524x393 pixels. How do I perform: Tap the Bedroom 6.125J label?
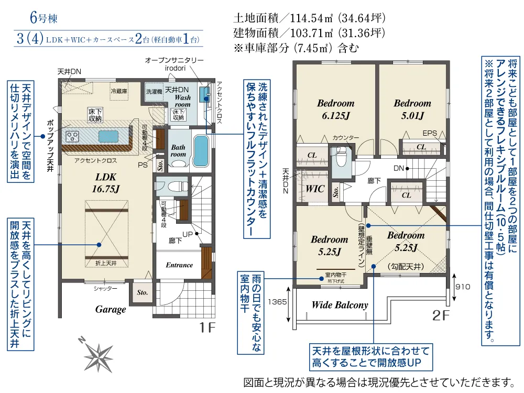point(335,109)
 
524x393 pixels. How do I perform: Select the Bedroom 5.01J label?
point(412,109)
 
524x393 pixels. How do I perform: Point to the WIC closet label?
point(314,189)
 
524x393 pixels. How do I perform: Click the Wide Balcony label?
point(340,305)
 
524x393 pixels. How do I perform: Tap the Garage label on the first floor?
point(111,309)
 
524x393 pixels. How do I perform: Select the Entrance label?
point(179,265)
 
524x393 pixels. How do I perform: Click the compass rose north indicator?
point(99,354)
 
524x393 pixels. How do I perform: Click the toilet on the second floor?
point(341,157)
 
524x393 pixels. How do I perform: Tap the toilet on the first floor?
point(173,185)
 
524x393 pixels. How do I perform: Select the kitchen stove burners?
point(72,136)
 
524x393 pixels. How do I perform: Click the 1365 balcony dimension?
point(278,302)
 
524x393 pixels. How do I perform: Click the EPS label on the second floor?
point(430,133)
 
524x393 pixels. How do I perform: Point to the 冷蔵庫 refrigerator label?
point(118,91)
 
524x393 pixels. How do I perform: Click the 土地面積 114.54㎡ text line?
point(309,17)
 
